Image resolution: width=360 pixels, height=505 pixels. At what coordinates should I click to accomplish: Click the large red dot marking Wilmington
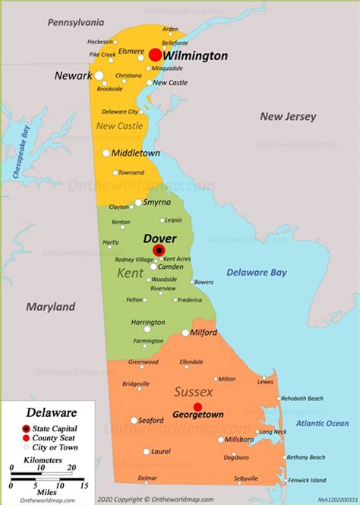coord(155,55)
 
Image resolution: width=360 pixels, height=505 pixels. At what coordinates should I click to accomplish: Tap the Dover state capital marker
coord(159,251)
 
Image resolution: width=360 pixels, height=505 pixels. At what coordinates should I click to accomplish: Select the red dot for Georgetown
coord(197,407)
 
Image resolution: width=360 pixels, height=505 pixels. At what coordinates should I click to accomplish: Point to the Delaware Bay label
coord(256,272)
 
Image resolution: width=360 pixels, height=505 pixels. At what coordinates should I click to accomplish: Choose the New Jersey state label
coord(288,116)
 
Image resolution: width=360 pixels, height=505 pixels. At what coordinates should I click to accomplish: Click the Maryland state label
coord(51,307)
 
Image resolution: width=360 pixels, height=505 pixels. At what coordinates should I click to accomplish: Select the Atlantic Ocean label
coord(322,423)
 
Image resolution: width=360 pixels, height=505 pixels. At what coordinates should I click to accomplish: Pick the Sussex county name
coord(194,392)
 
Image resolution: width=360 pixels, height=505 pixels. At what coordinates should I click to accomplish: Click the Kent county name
coord(130,272)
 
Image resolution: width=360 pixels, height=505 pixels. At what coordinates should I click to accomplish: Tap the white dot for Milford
coord(185,333)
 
